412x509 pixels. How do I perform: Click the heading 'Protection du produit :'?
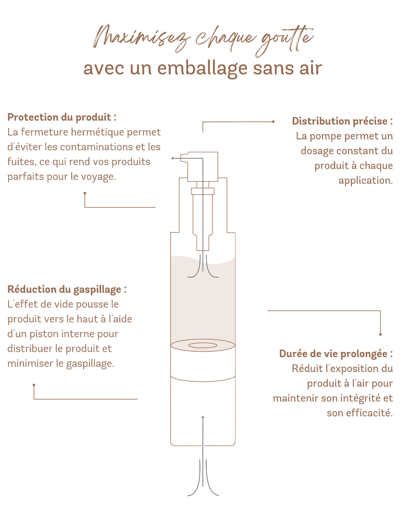click(62, 117)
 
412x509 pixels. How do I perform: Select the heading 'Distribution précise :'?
click(342, 121)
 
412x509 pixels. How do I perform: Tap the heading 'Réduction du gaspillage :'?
click(67, 289)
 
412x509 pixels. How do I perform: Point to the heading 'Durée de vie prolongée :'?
click(336, 354)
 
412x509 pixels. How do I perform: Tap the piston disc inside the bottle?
click(202, 346)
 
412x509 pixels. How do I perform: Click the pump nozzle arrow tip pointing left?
click(173, 158)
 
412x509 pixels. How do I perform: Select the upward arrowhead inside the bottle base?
click(203, 417)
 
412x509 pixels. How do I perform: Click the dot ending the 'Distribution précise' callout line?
click(273, 122)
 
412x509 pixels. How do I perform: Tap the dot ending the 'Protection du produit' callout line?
click(85, 193)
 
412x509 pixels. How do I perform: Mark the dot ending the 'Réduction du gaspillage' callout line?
click(34, 385)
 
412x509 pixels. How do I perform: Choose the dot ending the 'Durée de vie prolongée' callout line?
click(380, 334)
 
